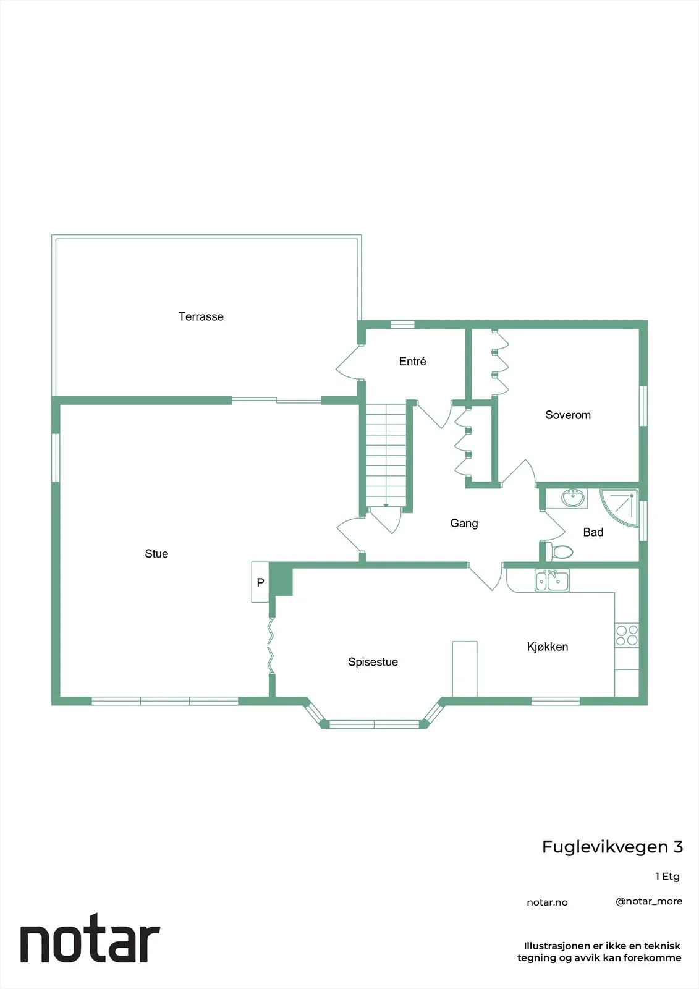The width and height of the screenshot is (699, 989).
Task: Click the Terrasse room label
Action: coord(201,316)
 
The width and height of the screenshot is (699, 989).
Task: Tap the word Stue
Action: coord(156,554)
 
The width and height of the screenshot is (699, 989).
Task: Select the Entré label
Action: coord(412,362)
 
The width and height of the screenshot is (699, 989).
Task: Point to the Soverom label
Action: coord(568,415)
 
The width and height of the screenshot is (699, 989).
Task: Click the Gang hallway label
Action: coord(464,524)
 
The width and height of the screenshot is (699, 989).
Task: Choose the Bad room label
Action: coord(593,532)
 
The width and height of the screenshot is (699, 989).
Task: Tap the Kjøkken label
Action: coord(548,647)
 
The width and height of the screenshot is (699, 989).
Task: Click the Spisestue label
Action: coord(373,662)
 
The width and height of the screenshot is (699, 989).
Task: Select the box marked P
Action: coord(260,582)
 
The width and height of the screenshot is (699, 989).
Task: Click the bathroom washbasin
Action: coord(573,498)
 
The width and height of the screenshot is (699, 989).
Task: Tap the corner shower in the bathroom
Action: coord(620,507)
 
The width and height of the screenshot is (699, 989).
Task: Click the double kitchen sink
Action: coord(552,580)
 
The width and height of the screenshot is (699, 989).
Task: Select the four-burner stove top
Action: coord(627,635)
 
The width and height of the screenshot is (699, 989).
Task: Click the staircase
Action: coord(386,455)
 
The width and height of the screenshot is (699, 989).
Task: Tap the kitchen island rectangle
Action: coord(465,669)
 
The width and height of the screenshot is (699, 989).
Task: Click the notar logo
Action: coord(90,939)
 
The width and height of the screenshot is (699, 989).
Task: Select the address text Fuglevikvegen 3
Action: coord(612,847)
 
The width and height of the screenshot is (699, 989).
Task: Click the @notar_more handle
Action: coord(649,902)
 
